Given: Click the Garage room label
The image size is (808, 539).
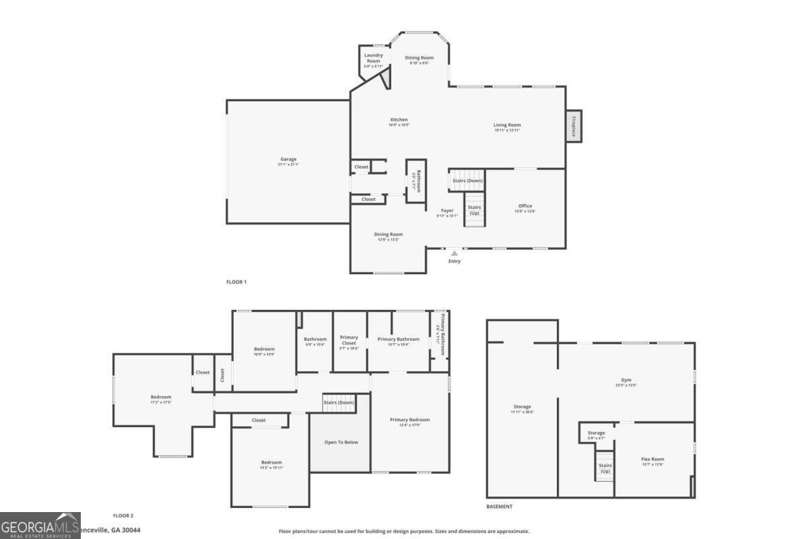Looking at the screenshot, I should [x=288, y=162].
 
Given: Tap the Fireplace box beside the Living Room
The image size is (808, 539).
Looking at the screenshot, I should [x=574, y=126].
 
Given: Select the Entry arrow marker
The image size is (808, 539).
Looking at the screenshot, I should [x=454, y=253].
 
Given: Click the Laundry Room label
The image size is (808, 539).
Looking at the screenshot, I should [x=373, y=60].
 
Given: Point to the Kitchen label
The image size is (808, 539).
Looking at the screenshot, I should [x=399, y=122].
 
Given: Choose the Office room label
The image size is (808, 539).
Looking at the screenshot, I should [x=525, y=208].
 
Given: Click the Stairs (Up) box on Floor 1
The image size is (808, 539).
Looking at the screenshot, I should [x=474, y=210].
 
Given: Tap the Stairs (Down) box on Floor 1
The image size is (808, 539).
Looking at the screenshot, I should [x=467, y=180].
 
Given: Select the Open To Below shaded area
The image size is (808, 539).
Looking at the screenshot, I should [x=341, y=442].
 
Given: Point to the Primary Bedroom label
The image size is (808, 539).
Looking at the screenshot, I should [x=409, y=422].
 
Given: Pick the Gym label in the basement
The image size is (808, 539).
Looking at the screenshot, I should [x=626, y=382].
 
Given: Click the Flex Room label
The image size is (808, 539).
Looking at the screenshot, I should [x=652, y=462].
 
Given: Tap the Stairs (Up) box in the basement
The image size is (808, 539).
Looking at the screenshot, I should [x=605, y=468].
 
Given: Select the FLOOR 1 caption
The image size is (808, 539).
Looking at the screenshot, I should [x=236, y=282].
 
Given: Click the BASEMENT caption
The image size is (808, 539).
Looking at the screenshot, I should [x=499, y=506].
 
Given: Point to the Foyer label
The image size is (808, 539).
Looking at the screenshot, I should [x=447, y=213].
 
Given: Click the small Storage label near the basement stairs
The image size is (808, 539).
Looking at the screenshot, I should [x=596, y=435].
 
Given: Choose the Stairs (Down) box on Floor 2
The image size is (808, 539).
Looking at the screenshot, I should [x=339, y=403].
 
